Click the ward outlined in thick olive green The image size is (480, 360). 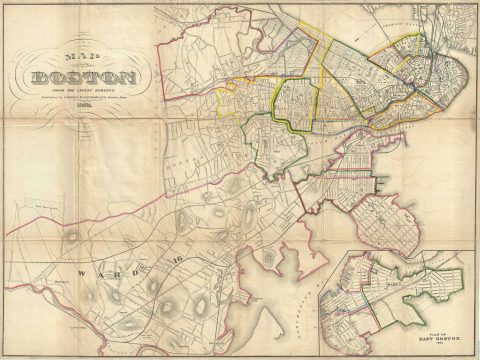tap(295, 106)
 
